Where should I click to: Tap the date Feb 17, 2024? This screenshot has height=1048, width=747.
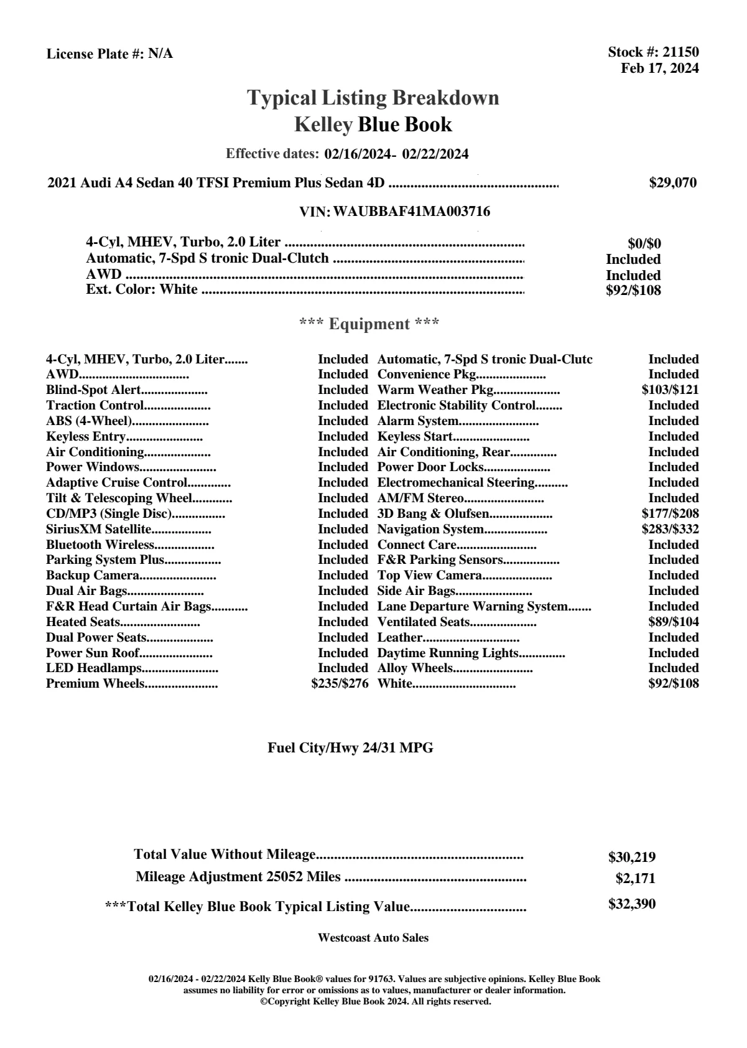pyautogui.click(x=659, y=68)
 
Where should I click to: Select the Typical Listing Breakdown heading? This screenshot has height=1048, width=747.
pyautogui.click(x=373, y=98)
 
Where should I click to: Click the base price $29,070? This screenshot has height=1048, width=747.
pyautogui.click(x=672, y=183)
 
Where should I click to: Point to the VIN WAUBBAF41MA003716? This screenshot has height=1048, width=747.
pyautogui.click(x=411, y=212)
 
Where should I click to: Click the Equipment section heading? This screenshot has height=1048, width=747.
pyautogui.click(x=369, y=324)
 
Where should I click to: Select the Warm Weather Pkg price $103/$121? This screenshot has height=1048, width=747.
pyautogui.click(x=670, y=390)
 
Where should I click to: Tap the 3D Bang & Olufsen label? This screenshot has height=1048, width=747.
pyautogui.click(x=433, y=513)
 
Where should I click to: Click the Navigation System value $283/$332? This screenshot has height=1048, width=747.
pyautogui.click(x=670, y=529)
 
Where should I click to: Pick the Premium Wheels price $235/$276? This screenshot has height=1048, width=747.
pyautogui.click(x=340, y=683)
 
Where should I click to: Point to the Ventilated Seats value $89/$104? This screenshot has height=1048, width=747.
pyautogui.click(x=672, y=622)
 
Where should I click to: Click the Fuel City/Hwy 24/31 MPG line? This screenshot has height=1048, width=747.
pyautogui.click(x=350, y=748)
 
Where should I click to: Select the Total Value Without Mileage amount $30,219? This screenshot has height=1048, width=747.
pyautogui.click(x=631, y=857)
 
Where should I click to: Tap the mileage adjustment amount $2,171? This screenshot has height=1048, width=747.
pyautogui.click(x=635, y=879)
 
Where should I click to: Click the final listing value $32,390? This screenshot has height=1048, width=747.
pyautogui.click(x=631, y=904)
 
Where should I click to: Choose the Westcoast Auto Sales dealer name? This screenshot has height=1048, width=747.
pyautogui.click(x=373, y=937)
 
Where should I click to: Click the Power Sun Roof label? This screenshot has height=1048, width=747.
pyautogui.click(x=92, y=653)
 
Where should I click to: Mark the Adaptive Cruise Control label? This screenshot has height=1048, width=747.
pyautogui.click(x=116, y=482)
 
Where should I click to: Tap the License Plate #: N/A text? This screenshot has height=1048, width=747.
pyautogui.click(x=109, y=54)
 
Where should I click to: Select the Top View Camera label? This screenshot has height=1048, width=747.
pyautogui.click(x=429, y=575)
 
